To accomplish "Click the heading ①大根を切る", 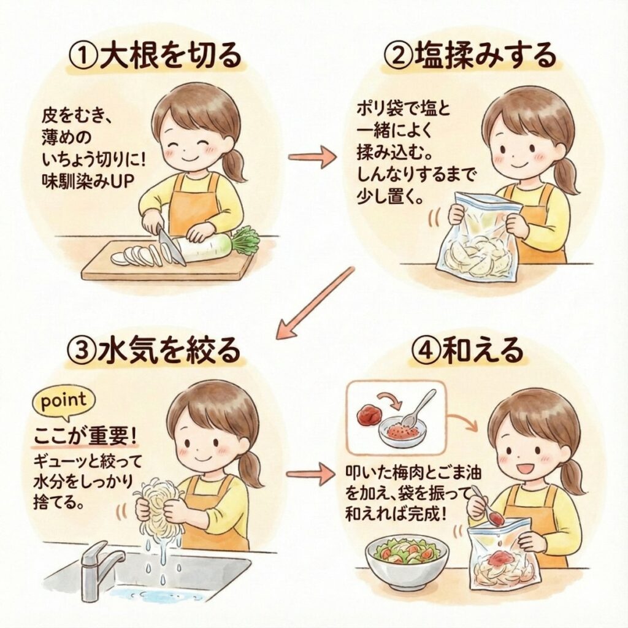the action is (156, 55).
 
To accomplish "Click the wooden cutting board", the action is (168, 261).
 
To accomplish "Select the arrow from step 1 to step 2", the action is (312, 157).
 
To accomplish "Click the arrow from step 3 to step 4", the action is (312, 473).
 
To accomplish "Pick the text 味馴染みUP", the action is (88, 182).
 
